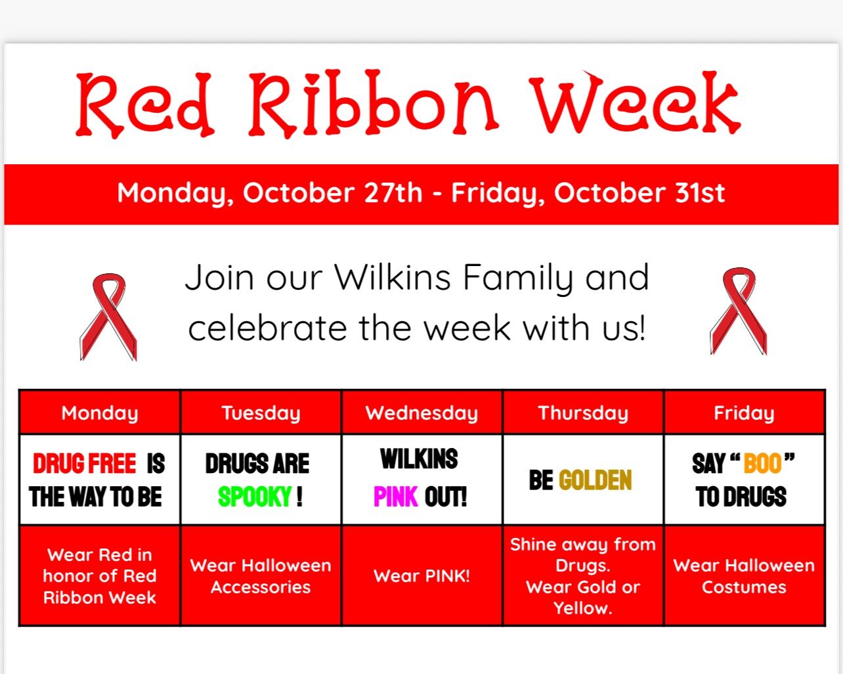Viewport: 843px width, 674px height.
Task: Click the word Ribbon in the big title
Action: tap(374, 104)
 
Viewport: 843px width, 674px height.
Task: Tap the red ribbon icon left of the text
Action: tap(108, 317)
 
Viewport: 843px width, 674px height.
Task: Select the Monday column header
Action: tap(100, 413)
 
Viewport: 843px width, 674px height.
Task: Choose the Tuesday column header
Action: tap(261, 413)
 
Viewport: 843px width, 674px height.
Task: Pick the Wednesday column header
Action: tap(422, 413)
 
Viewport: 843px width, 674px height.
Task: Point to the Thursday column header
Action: tap(583, 413)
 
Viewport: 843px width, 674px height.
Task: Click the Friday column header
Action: tap(745, 413)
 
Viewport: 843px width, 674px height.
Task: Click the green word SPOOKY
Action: tap(255, 497)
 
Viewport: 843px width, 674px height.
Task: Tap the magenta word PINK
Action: tap(396, 497)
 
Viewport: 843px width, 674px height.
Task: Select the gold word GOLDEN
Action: tap(595, 480)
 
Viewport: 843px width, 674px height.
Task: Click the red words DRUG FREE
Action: tap(85, 463)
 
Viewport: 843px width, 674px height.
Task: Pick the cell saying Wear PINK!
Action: tap(422, 575)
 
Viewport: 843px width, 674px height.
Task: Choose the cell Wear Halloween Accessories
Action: tap(261, 575)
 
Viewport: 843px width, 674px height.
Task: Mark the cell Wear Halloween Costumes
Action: tap(745, 575)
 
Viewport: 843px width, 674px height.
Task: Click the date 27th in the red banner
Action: tap(393, 192)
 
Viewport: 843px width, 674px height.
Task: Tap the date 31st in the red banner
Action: tap(700, 192)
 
